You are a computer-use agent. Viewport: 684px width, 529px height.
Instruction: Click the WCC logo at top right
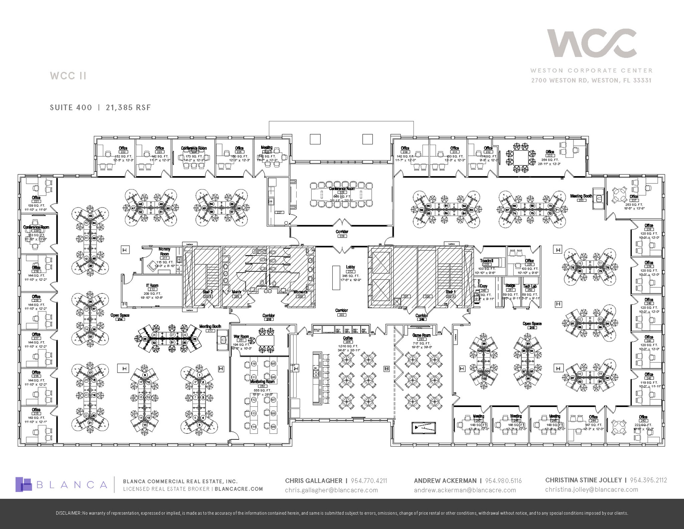click(591, 47)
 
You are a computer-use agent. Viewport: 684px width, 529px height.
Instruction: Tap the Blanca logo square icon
click(24, 484)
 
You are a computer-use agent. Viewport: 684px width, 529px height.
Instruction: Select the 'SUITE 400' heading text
click(71, 107)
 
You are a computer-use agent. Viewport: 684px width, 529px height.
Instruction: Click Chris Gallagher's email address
click(331, 490)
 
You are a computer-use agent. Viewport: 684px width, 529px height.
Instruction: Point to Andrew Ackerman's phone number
click(503, 481)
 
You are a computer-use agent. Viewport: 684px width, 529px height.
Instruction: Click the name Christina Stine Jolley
click(583, 480)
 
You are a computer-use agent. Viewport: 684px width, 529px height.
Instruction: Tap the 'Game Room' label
click(421, 335)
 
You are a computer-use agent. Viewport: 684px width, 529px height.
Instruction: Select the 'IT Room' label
click(152, 285)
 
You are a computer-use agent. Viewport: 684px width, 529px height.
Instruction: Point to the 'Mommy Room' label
click(164, 251)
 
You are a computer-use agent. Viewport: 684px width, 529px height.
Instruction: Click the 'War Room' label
click(241, 337)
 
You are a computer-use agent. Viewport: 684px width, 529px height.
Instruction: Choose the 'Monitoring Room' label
click(263, 381)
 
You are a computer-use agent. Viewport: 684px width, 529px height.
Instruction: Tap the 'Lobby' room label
click(350, 267)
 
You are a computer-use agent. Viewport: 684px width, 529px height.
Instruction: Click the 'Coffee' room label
click(348, 338)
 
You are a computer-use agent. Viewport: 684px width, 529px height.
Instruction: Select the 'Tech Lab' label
click(530, 286)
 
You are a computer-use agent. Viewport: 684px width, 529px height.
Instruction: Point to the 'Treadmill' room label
click(487, 261)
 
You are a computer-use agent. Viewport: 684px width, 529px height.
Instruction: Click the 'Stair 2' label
click(208, 292)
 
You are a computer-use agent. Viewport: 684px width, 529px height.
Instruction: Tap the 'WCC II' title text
click(68, 76)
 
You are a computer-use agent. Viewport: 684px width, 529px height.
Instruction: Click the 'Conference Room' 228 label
click(342, 188)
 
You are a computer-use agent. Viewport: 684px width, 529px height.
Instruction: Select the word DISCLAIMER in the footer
click(68, 513)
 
